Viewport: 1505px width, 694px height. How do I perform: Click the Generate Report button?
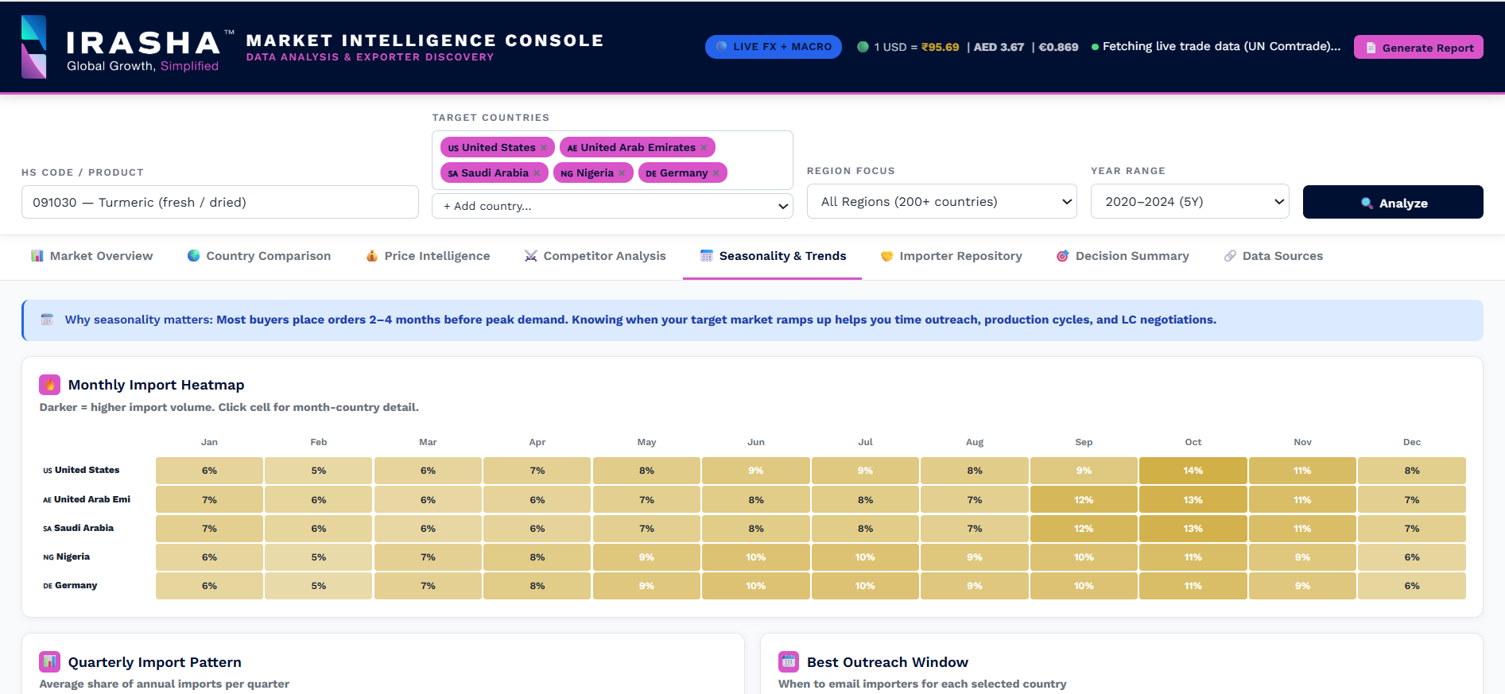(1418, 48)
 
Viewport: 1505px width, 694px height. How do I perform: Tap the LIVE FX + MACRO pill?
(773, 47)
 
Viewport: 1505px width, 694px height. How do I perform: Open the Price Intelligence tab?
(428, 256)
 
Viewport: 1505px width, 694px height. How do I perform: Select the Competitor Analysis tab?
(595, 256)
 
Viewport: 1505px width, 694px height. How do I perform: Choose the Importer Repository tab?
(951, 256)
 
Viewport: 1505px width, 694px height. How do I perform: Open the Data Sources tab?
(1273, 256)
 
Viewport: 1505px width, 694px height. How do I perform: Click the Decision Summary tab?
(1123, 256)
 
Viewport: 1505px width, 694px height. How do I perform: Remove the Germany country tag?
(716, 173)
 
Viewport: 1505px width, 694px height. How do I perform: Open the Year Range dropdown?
(1189, 202)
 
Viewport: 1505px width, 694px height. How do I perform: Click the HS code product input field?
(220, 202)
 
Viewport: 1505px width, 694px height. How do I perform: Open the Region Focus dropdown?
(941, 202)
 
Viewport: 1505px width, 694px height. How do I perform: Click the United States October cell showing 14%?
(1193, 471)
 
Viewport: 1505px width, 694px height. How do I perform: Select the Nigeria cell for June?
(755, 557)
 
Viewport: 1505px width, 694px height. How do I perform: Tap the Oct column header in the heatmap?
(1193, 442)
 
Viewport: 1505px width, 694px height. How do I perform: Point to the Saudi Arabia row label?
(79, 528)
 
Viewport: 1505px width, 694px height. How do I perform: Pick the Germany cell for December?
(1411, 586)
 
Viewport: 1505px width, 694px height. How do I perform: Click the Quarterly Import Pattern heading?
(155, 662)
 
